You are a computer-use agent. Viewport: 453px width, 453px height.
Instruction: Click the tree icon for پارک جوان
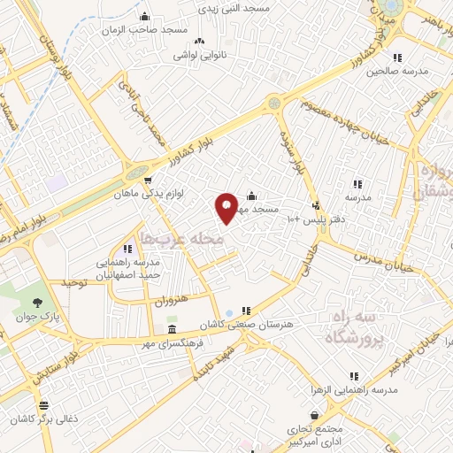pyautogui.click(x=23, y=302)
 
